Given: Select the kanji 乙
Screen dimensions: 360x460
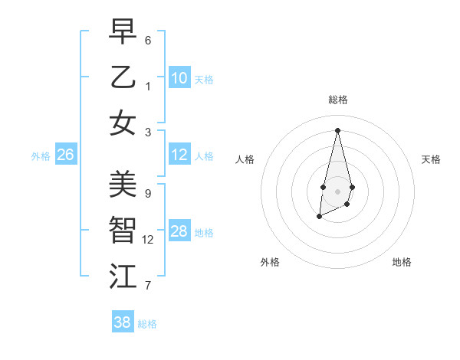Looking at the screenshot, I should (x=123, y=77).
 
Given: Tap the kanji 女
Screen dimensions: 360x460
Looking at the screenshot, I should (x=123, y=123).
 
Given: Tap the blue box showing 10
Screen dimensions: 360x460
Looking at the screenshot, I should (x=179, y=78).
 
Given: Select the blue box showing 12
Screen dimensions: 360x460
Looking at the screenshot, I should (x=179, y=155).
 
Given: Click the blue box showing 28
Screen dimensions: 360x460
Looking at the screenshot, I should (x=179, y=231).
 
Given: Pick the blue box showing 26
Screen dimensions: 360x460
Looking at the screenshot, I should (x=65, y=155).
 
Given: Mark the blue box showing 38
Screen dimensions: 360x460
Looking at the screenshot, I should (x=123, y=322).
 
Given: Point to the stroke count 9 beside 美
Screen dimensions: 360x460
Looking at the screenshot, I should (x=148, y=193).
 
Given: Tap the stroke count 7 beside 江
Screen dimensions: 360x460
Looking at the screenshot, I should (x=148, y=286).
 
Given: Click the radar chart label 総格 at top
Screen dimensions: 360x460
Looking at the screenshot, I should (x=338, y=100).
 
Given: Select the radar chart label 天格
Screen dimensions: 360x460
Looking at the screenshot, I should (x=431, y=159).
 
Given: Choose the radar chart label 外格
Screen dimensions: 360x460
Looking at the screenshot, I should (x=270, y=262).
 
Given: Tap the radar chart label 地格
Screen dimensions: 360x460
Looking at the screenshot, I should (x=402, y=262).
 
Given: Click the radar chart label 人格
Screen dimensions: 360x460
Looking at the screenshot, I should (x=245, y=159).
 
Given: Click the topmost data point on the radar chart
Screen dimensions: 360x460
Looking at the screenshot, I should (x=337, y=129).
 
